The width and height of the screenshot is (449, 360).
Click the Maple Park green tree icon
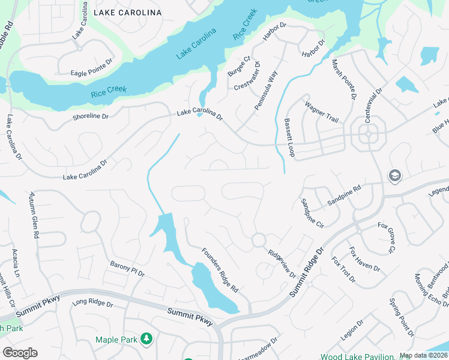tap(146, 340)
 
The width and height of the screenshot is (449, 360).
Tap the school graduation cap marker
tap(395, 175)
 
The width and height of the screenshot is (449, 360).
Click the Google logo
tap(20, 353)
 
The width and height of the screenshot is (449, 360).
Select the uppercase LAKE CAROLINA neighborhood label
tap(127, 12)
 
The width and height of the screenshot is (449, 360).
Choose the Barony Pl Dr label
tap(127, 269)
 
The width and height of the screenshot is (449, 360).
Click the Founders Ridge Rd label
tap(220, 271)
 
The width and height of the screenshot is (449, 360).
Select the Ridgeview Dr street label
tap(281, 263)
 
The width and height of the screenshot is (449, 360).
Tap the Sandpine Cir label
tap(312, 213)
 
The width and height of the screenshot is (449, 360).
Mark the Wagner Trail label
tap(322, 111)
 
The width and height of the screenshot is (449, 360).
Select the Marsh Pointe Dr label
tap(344, 80)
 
